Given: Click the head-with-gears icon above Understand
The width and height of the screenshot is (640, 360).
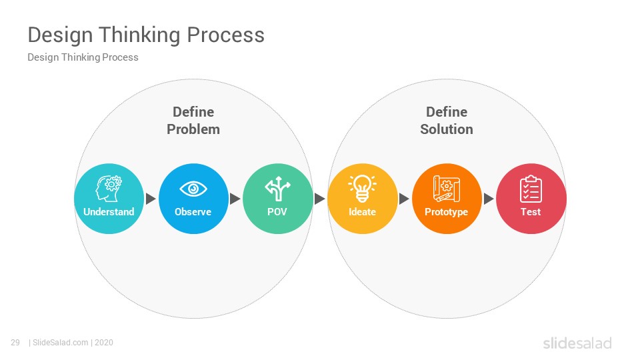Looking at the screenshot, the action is click(x=109, y=189).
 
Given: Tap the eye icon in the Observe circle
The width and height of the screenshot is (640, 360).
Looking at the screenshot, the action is click(x=193, y=189).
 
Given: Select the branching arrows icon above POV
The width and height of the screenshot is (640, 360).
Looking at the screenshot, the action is click(x=277, y=189).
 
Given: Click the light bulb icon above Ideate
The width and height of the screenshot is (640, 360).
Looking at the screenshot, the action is click(x=363, y=189).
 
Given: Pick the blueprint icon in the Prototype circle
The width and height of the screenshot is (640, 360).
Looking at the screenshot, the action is click(x=447, y=189).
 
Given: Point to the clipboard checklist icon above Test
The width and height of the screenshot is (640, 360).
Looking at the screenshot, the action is click(x=531, y=189).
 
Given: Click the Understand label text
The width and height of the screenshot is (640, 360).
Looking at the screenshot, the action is click(x=109, y=212).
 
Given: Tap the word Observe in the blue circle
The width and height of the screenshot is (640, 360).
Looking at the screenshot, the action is click(x=193, y=212).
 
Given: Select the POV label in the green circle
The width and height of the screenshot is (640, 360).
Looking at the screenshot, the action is click(x=277, y=212).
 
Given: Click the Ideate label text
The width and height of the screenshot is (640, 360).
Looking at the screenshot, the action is click(x=362, y=212).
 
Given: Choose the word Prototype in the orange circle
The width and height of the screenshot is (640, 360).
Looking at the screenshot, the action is click(x=446, y=212).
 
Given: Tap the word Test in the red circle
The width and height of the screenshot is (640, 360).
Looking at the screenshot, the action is click(x=531, y=212).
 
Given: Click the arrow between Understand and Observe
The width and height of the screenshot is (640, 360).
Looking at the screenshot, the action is click(x=151, y=199).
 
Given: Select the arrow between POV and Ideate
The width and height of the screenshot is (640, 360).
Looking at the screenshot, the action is click(x=320, y=199).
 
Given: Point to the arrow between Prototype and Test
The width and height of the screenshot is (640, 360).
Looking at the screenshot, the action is click(x=489, y=199).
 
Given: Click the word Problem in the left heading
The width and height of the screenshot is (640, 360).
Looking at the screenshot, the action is click(x=193, y=129).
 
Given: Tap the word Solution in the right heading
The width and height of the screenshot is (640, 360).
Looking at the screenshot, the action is click(x=447, y=129).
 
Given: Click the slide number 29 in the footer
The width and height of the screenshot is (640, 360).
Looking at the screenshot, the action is click(x=15, y=343).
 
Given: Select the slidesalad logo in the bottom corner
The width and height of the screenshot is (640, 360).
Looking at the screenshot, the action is click(x=577, y=343).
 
